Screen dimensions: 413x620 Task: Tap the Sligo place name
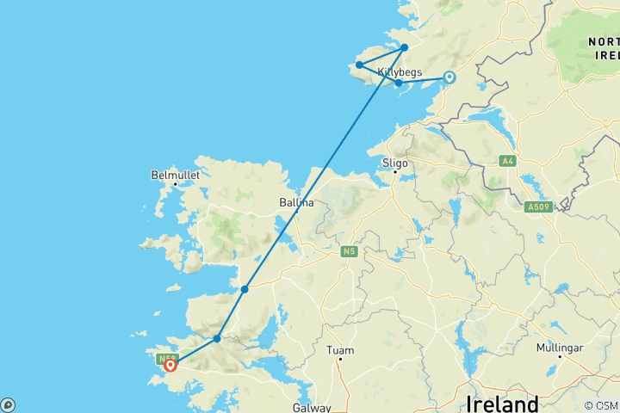[x=395, y=162]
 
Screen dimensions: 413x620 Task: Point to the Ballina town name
[x=295, y=203]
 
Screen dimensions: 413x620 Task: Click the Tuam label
[x=340, y=349]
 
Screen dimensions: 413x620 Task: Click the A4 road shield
[x=506, y=160]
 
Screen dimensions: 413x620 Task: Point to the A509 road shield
[x=540, y=206]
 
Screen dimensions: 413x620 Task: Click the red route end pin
[x=170, y=365]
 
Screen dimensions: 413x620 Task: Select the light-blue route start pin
[x=449, y=77]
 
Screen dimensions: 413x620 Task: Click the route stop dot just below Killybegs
[x=399, y=83]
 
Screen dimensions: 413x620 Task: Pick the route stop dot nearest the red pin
[x=217, y=338]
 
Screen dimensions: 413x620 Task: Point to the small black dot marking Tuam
[x=340, y=359]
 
